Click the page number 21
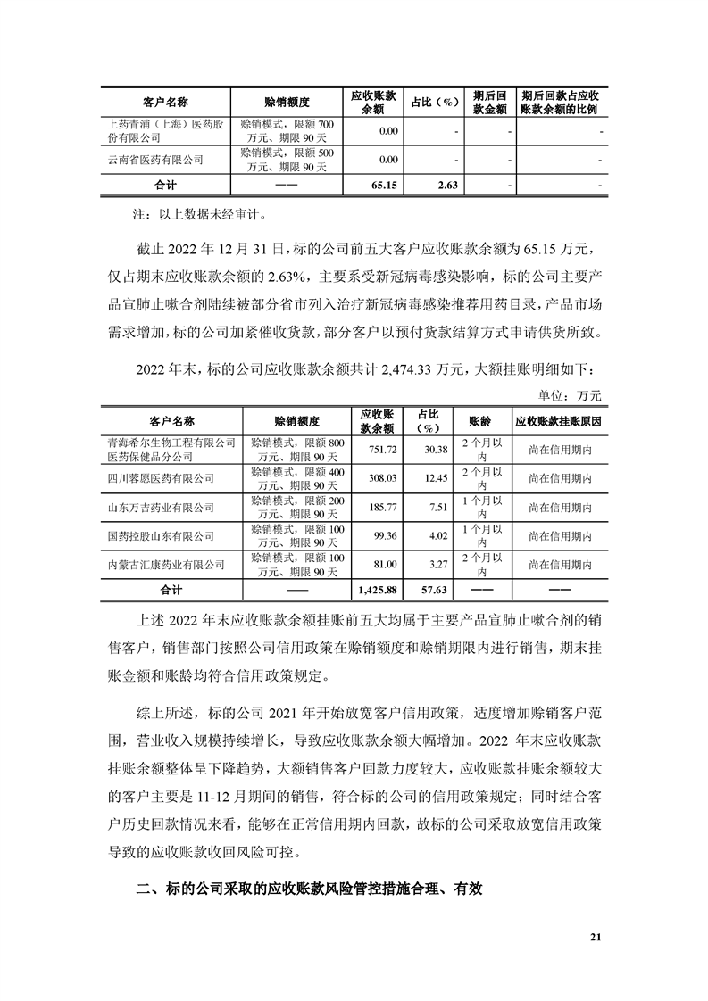click(596, 937)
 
